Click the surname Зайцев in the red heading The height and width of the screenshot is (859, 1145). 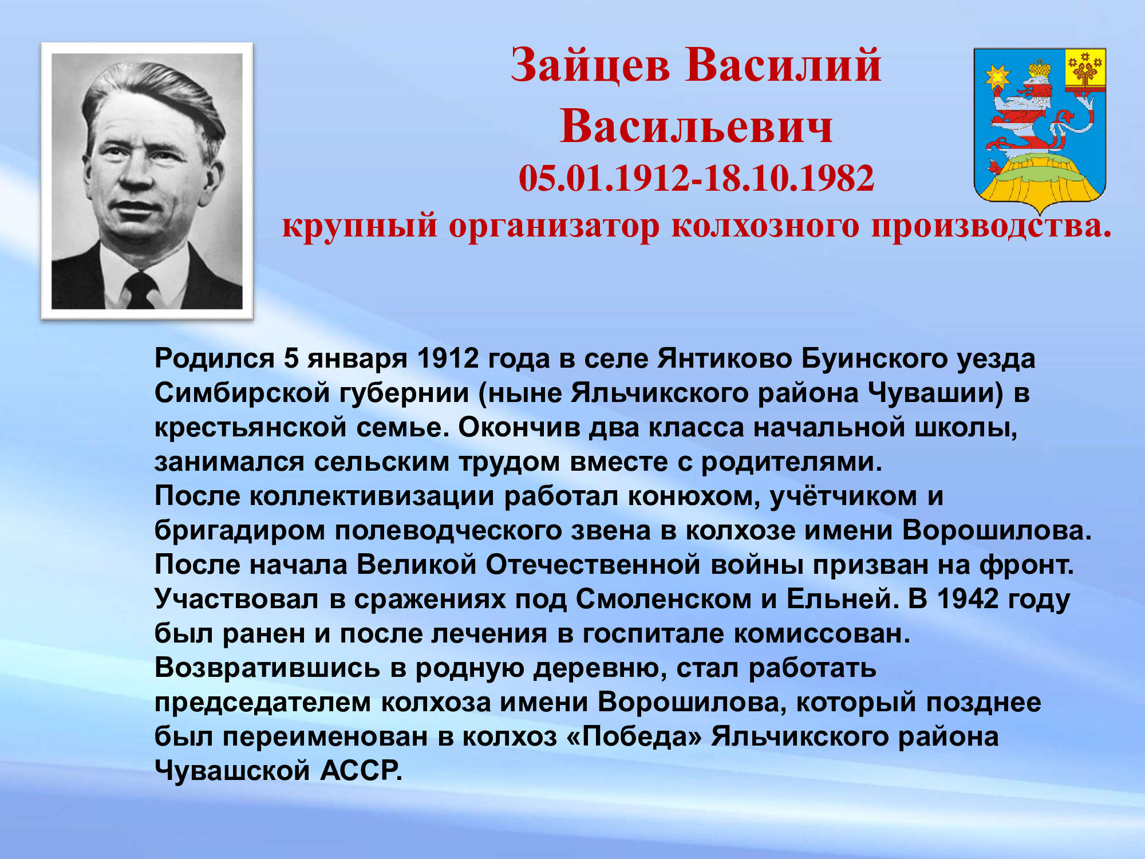tap(590, 66)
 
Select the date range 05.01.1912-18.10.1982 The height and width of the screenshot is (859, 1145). tap(696, 178)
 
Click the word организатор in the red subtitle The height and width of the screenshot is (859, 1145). tap(554, 226)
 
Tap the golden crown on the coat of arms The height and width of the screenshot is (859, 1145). tap(1039, 69)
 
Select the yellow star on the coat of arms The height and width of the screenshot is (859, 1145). tap(997, 77)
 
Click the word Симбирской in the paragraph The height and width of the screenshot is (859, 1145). tap(242, 393)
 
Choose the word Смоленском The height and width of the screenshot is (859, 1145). tap(664, 600)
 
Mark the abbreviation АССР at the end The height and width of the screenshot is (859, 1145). tap(361, 771)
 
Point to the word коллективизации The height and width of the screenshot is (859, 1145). tap(372, 497)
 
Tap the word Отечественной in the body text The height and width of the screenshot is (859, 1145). tap(593, 565)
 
